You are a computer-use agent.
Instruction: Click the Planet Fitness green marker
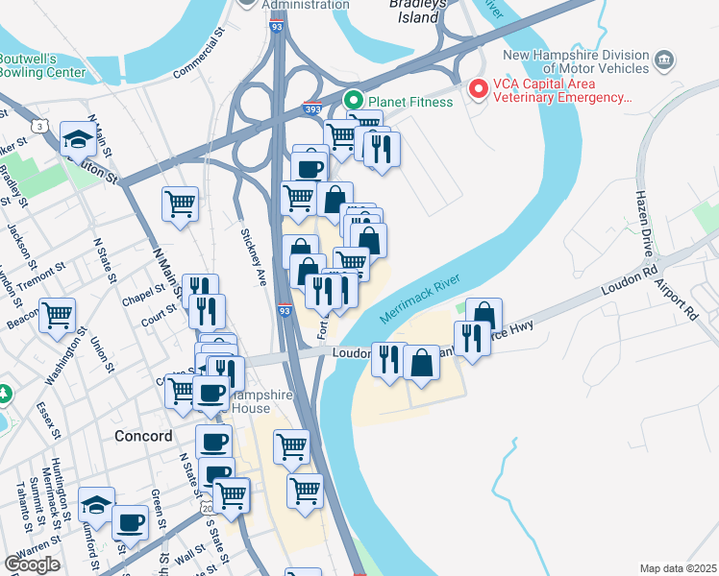[353, 100]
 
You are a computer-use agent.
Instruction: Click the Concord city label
[143, 436]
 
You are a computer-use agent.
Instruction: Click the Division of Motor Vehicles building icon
[663, 62]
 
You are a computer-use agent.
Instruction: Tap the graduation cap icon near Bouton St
[77, 140]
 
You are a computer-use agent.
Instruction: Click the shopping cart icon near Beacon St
[58, 314]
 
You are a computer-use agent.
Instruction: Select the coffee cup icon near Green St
[130, 523]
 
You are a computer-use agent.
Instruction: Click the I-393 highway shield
[312, 109]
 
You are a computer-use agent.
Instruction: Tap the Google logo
[32, 564]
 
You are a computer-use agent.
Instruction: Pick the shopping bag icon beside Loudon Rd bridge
[421, 363]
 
